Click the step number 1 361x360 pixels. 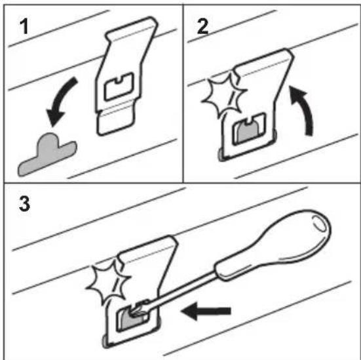coord(24,26)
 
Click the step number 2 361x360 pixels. coord(202,26)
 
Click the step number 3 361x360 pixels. coord(24,204)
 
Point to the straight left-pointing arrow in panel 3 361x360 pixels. coord(206,311)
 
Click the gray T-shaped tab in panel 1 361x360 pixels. coord(47,154)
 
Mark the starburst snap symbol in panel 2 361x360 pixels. coord(224,96)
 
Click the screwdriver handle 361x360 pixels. coord(273,245)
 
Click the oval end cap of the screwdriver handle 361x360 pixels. coord(319,223)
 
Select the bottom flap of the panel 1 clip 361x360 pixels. coord(115,122)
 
